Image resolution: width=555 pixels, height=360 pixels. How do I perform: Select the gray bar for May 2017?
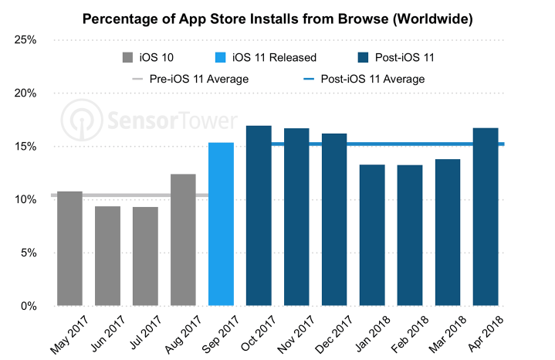click(70, 248)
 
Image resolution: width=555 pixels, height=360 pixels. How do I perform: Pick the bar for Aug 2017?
click(183, 240)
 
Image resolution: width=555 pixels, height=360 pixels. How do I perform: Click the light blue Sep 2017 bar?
click(221, 224)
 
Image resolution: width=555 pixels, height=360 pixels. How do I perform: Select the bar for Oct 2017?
click(259, 216)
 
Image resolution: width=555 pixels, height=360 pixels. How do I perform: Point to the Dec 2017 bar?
click(334, 219)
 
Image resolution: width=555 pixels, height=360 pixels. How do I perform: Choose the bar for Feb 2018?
click(409, 236)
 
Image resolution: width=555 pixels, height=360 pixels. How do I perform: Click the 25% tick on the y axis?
click(26, 40)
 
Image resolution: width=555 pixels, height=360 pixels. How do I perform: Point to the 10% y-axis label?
click(26, 200)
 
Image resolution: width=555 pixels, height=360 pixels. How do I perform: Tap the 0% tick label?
click(29, 307)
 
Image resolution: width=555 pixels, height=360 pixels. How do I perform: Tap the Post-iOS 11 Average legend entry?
click(374, 78)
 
